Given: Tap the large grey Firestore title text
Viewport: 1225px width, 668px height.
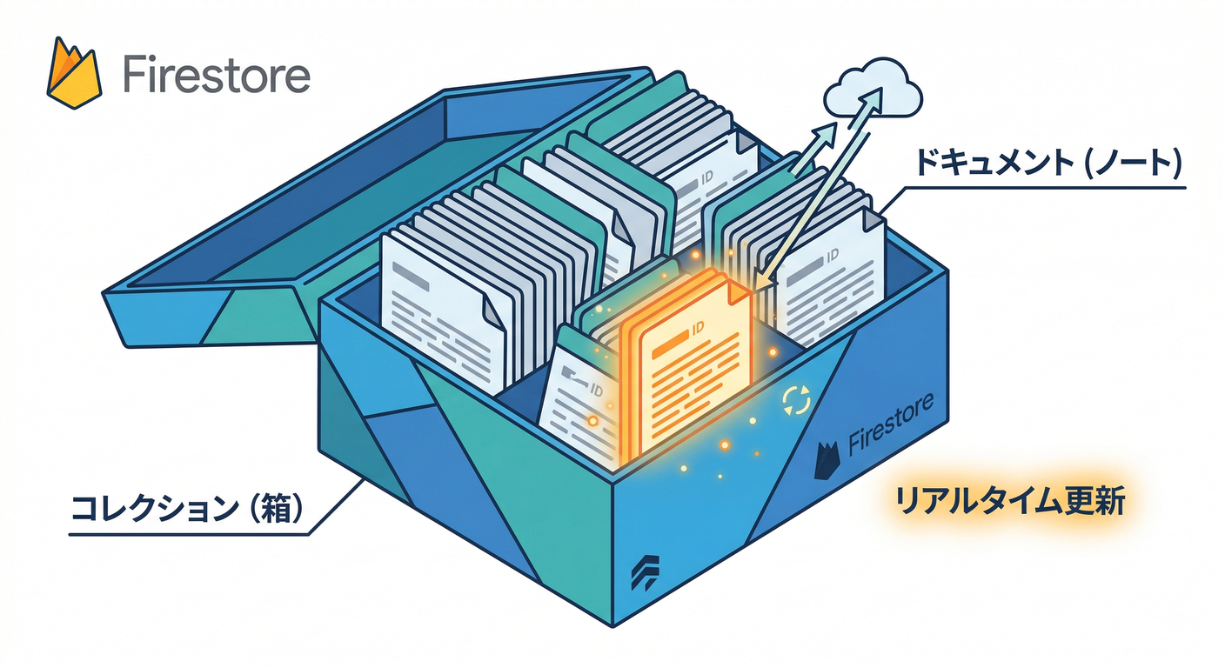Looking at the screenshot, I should [216, 76].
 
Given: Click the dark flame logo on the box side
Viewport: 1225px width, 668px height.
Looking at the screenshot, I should [828, 460].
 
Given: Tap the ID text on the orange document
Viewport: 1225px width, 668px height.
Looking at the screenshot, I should [696, 330].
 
